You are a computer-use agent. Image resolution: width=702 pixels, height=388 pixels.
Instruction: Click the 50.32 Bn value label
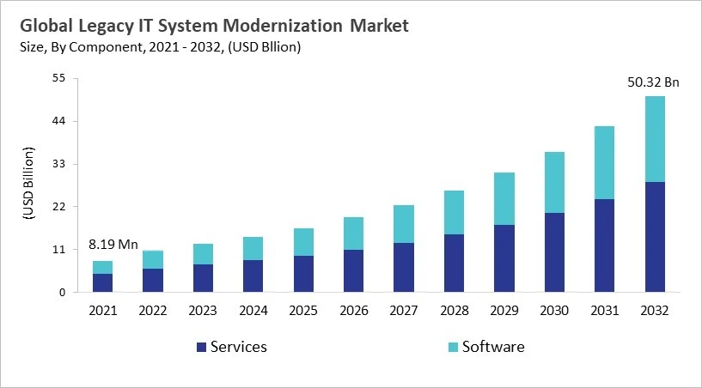coord(654,82)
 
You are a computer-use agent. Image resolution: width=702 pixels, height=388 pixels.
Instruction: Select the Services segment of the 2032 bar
coord(655,237)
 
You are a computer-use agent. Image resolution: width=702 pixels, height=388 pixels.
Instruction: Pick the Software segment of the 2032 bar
coord(655,139)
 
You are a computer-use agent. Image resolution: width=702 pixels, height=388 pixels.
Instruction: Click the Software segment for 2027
coord(403,224)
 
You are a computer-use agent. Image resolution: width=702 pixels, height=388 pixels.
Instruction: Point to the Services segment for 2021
coord(102,282)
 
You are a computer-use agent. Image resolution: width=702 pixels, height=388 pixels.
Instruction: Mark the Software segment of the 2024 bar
coord(253,248)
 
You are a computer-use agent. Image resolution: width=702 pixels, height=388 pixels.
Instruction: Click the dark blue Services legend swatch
coord(202,347)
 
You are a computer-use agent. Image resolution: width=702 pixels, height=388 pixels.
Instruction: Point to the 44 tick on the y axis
coord(59,121)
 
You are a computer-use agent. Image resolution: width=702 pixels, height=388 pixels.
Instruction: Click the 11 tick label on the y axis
coord(59,250)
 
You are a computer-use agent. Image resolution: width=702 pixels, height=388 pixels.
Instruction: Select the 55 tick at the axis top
coord(59,78)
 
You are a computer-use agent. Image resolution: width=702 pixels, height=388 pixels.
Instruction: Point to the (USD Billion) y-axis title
coord(27,185)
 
